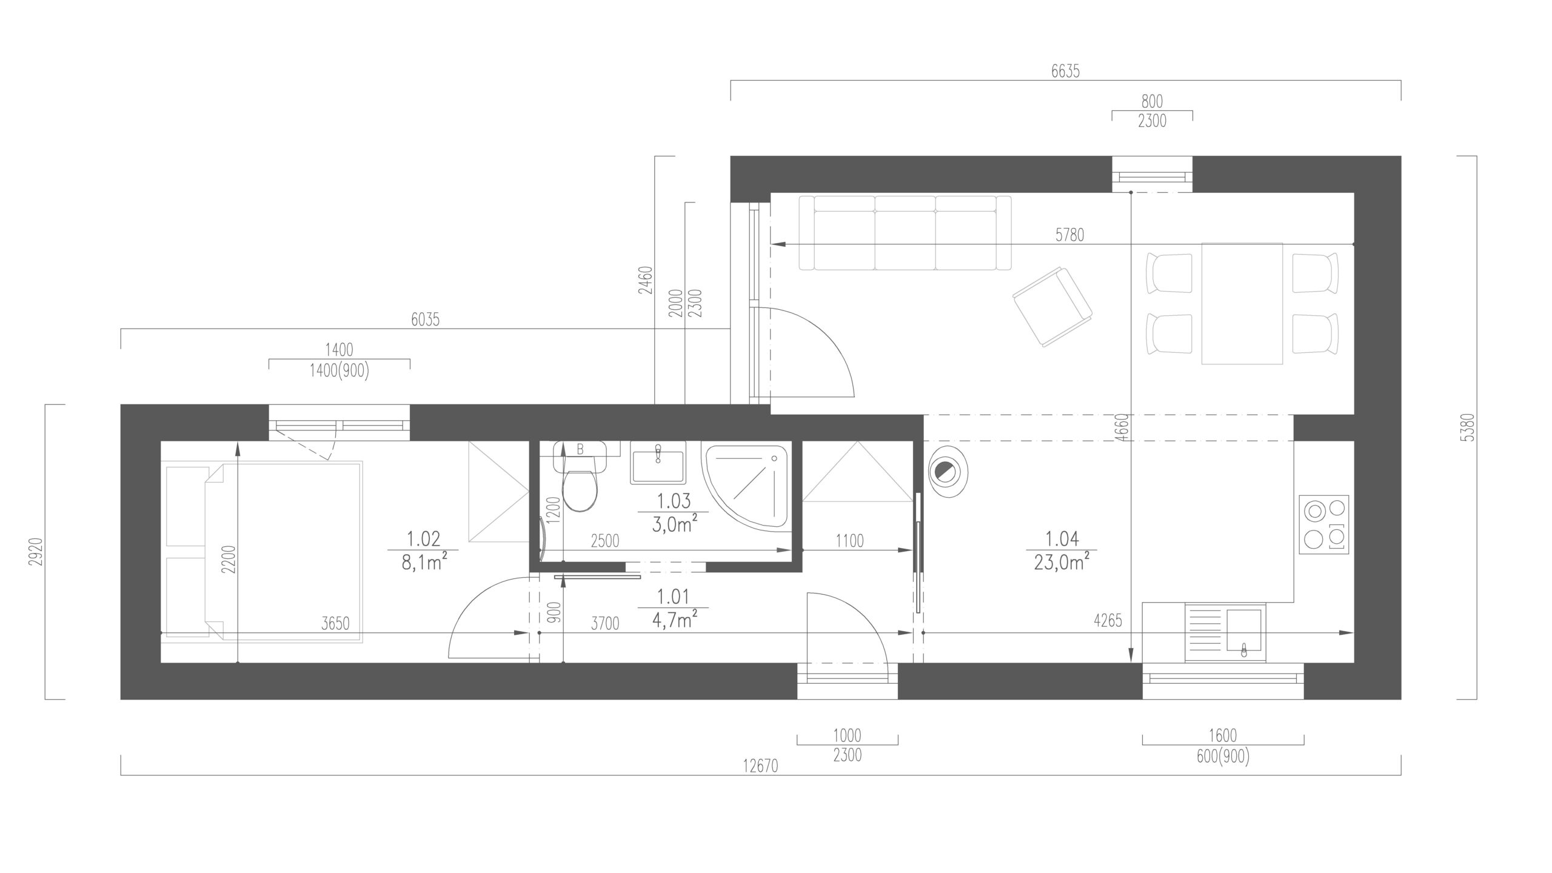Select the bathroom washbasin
(658, 463)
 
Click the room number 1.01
(673, 597)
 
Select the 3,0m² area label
(674, 524)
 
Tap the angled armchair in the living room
(1052, 307)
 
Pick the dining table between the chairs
(1242, 303)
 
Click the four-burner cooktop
(1325, 524)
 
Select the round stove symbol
(948, 471)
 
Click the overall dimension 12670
(760, 768)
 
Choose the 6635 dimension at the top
(1065, 72)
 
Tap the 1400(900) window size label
(339, 371)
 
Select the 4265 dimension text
(1108, 621)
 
